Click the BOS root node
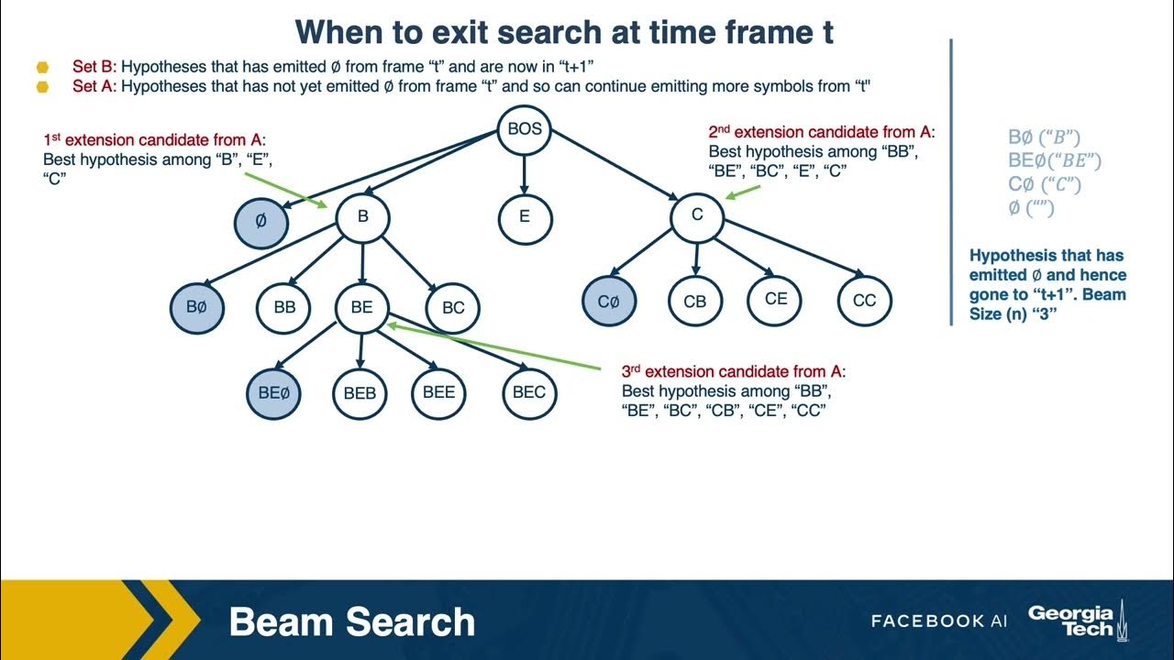point(525,129)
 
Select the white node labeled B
point(362,217)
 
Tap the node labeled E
point(525,217)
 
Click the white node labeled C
point(697,215)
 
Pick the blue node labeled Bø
point(196,307)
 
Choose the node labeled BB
point(284,307)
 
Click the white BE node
point(362,307)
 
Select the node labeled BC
point(453,307)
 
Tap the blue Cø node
point(609,300)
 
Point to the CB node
point(695,300)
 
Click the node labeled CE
point(775,298)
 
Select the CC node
point(864,300)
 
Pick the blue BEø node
point(273,392)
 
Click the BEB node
point(360,393)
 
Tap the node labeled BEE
point(439,392)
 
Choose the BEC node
point(529,392)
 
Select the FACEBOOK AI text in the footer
point(938,621)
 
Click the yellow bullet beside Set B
point(42,67)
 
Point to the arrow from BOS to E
point(525,174)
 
